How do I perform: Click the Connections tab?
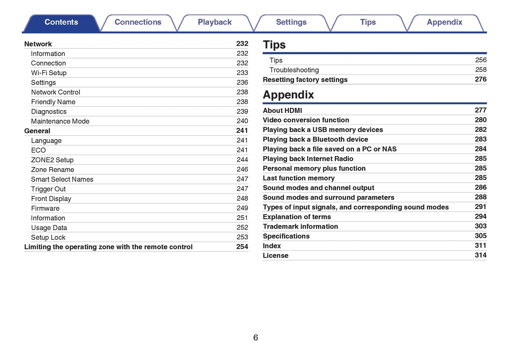(138, 22)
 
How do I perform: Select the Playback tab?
(215, 22)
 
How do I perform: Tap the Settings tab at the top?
(291, 22)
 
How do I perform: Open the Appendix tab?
(444, 22)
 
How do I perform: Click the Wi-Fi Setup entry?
(49, 73)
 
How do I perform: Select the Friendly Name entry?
(53, 102)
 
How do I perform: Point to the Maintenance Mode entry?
(60, 121)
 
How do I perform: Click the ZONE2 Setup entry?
(52, 160)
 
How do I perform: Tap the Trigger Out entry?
(48, 189)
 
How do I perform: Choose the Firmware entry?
(45, 208)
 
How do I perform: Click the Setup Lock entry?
(48, 237)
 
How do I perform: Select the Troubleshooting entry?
(294, 70)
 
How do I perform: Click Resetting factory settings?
(305, 80)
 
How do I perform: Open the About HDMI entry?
(282, 111)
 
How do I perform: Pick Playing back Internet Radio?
(308, 159)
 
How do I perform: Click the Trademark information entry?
(300, 227)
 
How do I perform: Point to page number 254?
(242, 247)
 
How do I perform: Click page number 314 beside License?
(480, 255)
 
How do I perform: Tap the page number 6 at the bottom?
(256, 338)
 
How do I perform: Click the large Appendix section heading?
(288, 95)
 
